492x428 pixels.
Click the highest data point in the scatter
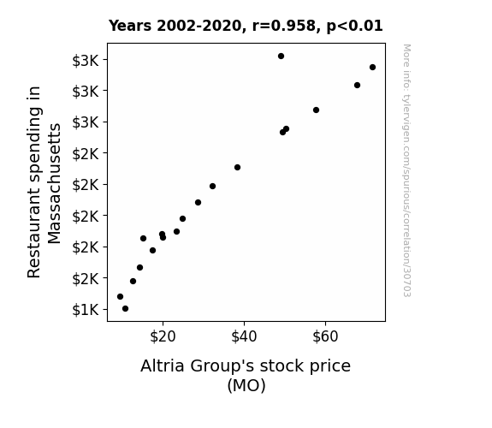coord(282,56)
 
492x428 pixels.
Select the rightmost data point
coord(372,68)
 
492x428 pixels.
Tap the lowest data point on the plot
coord(125,309)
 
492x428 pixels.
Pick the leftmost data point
coord(120,296)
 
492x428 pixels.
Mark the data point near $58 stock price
coord(316,110)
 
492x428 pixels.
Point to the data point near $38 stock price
coord(238,168)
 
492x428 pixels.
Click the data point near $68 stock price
coord(357,85)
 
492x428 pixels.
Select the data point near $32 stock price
coord(212,187)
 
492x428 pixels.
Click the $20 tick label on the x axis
coord(163,337)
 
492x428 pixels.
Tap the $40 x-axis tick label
coord(244,337)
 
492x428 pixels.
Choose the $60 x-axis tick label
coord(325,337)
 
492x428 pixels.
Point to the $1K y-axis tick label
coord(86,310)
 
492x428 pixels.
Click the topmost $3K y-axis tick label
coord(86,61)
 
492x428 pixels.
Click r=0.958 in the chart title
coord(284,26)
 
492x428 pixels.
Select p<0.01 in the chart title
coord(354,27)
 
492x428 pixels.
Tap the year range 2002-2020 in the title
coord(199,26)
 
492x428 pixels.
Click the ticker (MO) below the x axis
coord(246,385)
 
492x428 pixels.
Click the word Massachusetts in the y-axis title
coord(54,183)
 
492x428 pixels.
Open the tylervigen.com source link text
coord(406,170)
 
